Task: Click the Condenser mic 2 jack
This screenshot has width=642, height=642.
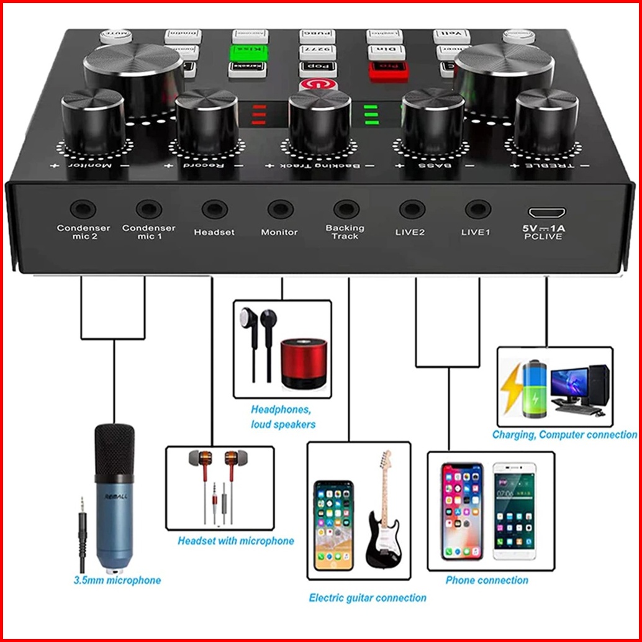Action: click(83, 209)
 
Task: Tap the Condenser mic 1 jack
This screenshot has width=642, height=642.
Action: click(149, 209)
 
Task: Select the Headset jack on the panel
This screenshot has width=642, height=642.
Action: click(214, 209)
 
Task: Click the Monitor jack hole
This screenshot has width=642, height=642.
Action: click(280, 209)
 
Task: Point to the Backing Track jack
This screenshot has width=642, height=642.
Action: click(346, 209)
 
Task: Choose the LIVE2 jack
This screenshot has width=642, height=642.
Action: click(412, 209)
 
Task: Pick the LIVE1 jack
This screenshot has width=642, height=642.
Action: click(477, 209)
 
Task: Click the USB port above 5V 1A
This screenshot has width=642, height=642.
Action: click(543, 210)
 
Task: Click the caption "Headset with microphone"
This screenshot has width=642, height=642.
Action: click(236, 541)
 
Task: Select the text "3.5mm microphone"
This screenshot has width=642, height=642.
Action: click(117, 581)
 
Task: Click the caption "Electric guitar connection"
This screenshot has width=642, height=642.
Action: click(368, 598)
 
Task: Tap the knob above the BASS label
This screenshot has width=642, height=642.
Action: click(432, 121)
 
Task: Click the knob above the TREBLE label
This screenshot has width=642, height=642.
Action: click(546, 120)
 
